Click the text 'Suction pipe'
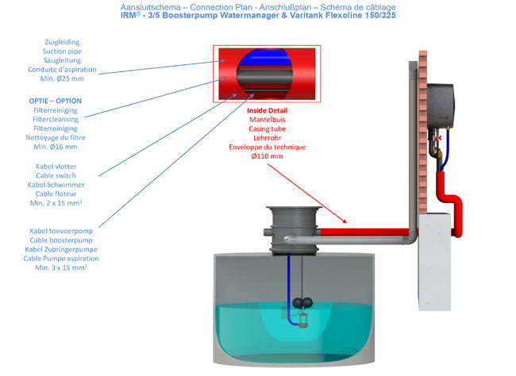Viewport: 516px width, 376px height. [x=62, y=52]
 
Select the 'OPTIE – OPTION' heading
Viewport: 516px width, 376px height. [x=56, y=101]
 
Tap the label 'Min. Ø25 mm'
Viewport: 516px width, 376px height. [x=62, y=79]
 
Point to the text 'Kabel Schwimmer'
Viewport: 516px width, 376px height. [x=56, y=185]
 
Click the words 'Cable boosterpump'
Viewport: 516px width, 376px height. [x=61, y=240]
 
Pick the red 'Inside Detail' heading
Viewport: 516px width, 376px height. [x=268, y=110]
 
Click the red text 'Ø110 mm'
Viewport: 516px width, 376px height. [x=268, y=156]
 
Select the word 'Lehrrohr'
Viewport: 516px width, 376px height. [x=268, y=138]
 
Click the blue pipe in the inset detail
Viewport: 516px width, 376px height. [x=265, y=58]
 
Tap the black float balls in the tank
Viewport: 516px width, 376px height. [x=302, y=302]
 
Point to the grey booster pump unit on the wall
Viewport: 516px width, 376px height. [x=441, y=106]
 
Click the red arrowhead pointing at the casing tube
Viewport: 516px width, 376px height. [x=344, y=221]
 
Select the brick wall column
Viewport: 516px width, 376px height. [x=422, y=132]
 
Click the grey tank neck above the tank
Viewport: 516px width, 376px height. [x=294, y=230]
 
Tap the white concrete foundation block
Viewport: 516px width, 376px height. [x=434, y=262]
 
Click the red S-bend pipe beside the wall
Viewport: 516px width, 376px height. [x=450, y=203]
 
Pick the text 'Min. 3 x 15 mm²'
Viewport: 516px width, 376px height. [x=61, y=267]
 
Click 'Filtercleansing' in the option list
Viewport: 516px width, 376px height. [x=56, y=120]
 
